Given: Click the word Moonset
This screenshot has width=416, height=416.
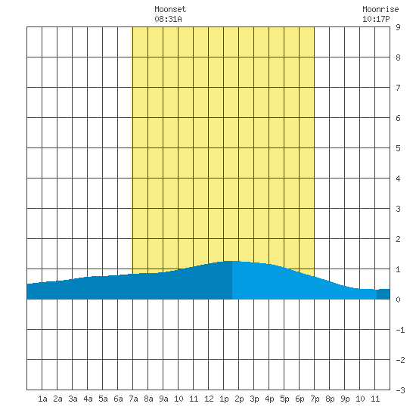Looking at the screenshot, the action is tap(170, 9).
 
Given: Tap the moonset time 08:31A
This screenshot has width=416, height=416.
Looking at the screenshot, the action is tap(168, 19).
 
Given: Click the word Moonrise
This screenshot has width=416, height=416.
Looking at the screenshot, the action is tap(380, 9).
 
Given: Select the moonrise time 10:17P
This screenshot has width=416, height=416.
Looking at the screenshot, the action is tap(376, 19).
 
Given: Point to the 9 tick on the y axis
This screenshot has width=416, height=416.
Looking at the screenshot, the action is tap(398, 27).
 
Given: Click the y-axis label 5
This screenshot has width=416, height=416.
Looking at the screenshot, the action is tap(398, 148).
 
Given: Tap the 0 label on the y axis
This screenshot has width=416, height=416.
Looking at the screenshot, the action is tap(398, 300).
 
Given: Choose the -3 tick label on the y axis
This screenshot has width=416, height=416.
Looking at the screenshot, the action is tap(400, 390).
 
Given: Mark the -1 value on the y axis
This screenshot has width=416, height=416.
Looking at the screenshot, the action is tap(400, 330).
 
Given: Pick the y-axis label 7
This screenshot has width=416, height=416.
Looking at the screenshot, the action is tap(398, 88).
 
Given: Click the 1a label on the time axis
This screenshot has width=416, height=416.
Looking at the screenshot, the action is tap(42, 399).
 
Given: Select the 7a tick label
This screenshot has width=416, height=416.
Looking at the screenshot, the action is tap(133, 399).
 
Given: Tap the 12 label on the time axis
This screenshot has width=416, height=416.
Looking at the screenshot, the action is tap(209, 399).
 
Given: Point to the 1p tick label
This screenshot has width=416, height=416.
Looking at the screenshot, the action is tap(224, 399).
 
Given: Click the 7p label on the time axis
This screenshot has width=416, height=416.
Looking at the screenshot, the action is tap(315, 399).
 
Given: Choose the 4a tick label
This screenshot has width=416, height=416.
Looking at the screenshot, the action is tap(88, 399).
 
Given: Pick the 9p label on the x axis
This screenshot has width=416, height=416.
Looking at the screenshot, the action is tap(345, 399).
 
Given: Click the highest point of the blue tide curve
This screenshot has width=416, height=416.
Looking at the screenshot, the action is tap(231, 262).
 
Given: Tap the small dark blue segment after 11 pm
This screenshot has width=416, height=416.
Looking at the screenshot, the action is tap(383, 294).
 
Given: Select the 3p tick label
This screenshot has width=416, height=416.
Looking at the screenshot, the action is tap(254, 399).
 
